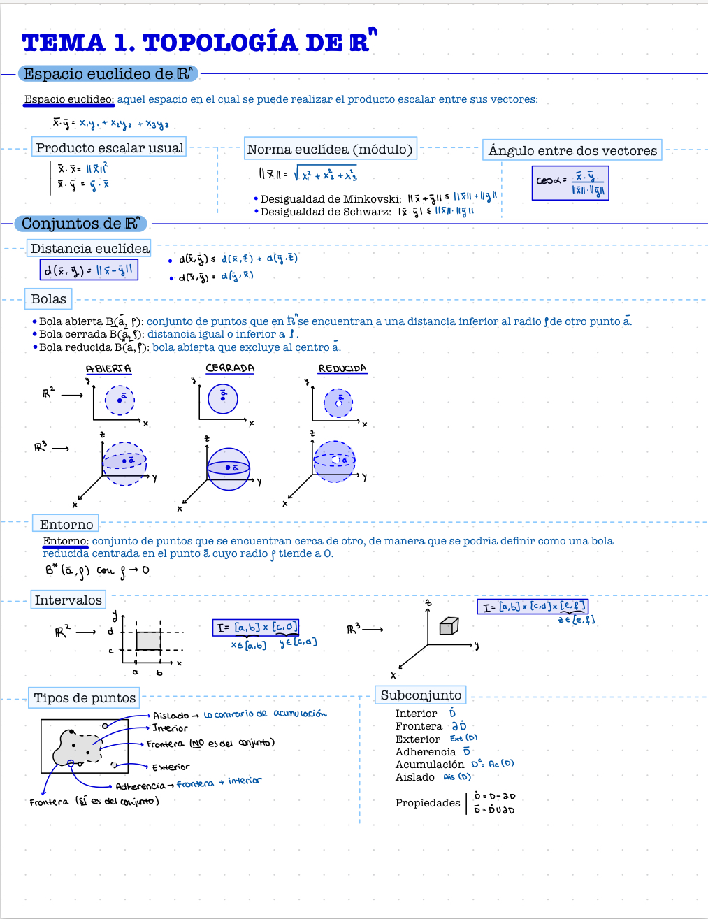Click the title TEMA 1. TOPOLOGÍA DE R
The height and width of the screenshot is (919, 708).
[196, 43]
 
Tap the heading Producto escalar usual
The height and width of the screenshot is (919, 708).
[110, 147]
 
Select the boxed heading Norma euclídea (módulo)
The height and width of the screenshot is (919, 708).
[330, 149]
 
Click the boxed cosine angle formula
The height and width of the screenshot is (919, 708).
[570, 183]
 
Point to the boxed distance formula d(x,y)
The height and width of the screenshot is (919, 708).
[89, 270]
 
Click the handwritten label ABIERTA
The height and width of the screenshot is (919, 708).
[108, 368]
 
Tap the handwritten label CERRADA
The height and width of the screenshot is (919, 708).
[230, 368]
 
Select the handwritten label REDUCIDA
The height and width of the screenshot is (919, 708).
[342, 368]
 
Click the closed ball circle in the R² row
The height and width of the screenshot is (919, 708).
[223, 399]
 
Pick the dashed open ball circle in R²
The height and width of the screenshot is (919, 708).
[120, 400]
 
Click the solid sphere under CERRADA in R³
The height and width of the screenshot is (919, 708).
[229, 469]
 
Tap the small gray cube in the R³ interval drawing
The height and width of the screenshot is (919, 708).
[448, 626]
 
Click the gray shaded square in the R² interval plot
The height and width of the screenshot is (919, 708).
[148, 641]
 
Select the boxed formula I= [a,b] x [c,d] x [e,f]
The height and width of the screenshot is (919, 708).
[534, 607]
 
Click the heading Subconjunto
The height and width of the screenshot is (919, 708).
[421, 695]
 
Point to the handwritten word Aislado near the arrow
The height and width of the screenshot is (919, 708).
[171, 716]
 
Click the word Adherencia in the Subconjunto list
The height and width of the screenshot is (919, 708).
[426, 752]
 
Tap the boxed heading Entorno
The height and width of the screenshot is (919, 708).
[66, 524]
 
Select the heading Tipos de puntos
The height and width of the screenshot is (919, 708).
[85, 697]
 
